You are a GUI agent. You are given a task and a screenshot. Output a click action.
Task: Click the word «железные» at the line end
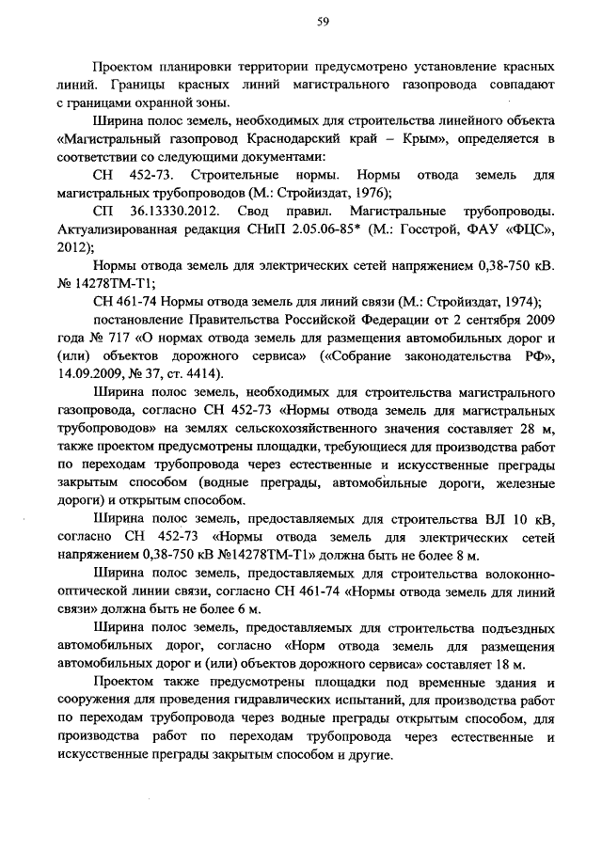[x=523, y=482]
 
